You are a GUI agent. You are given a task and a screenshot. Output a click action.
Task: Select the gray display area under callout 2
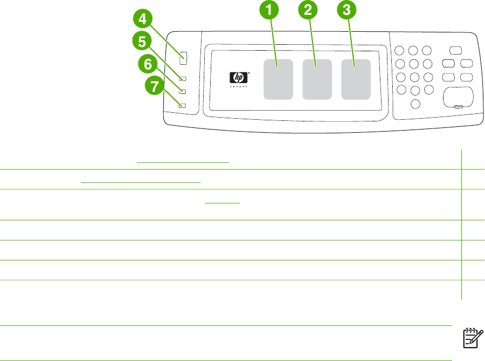click(317, 79)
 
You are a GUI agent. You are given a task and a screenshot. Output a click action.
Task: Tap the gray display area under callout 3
click(356, 79)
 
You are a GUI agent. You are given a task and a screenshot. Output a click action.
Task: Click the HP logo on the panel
click(237, 78)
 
